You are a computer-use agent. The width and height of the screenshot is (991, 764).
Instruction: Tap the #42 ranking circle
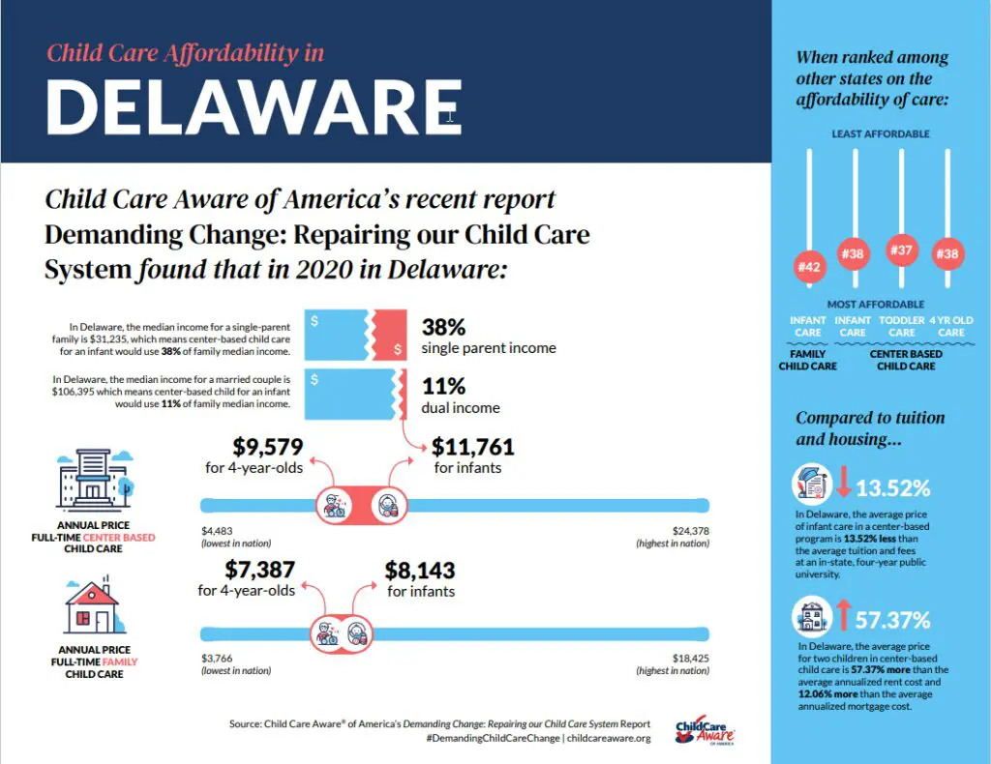pos(809,266)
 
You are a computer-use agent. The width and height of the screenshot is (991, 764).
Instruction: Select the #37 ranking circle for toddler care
pos(902,250)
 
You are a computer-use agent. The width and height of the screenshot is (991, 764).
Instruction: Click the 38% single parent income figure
pos(444,327)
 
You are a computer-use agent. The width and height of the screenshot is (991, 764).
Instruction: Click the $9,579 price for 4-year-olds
pos(268,447)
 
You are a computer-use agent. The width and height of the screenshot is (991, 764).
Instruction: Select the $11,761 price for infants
pos(472,447)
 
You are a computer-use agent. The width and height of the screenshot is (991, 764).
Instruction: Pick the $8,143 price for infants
pos(420,570)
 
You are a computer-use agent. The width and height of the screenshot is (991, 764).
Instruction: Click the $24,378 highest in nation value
pos(690,530)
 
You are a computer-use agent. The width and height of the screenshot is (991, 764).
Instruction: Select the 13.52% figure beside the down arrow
pos(893,486)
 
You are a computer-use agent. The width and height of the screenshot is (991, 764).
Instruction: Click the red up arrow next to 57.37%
pos(843,616)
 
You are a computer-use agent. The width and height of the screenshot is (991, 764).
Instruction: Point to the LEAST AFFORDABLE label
pos(881,133)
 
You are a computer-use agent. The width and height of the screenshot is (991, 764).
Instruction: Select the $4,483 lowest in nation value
pos(218,530)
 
